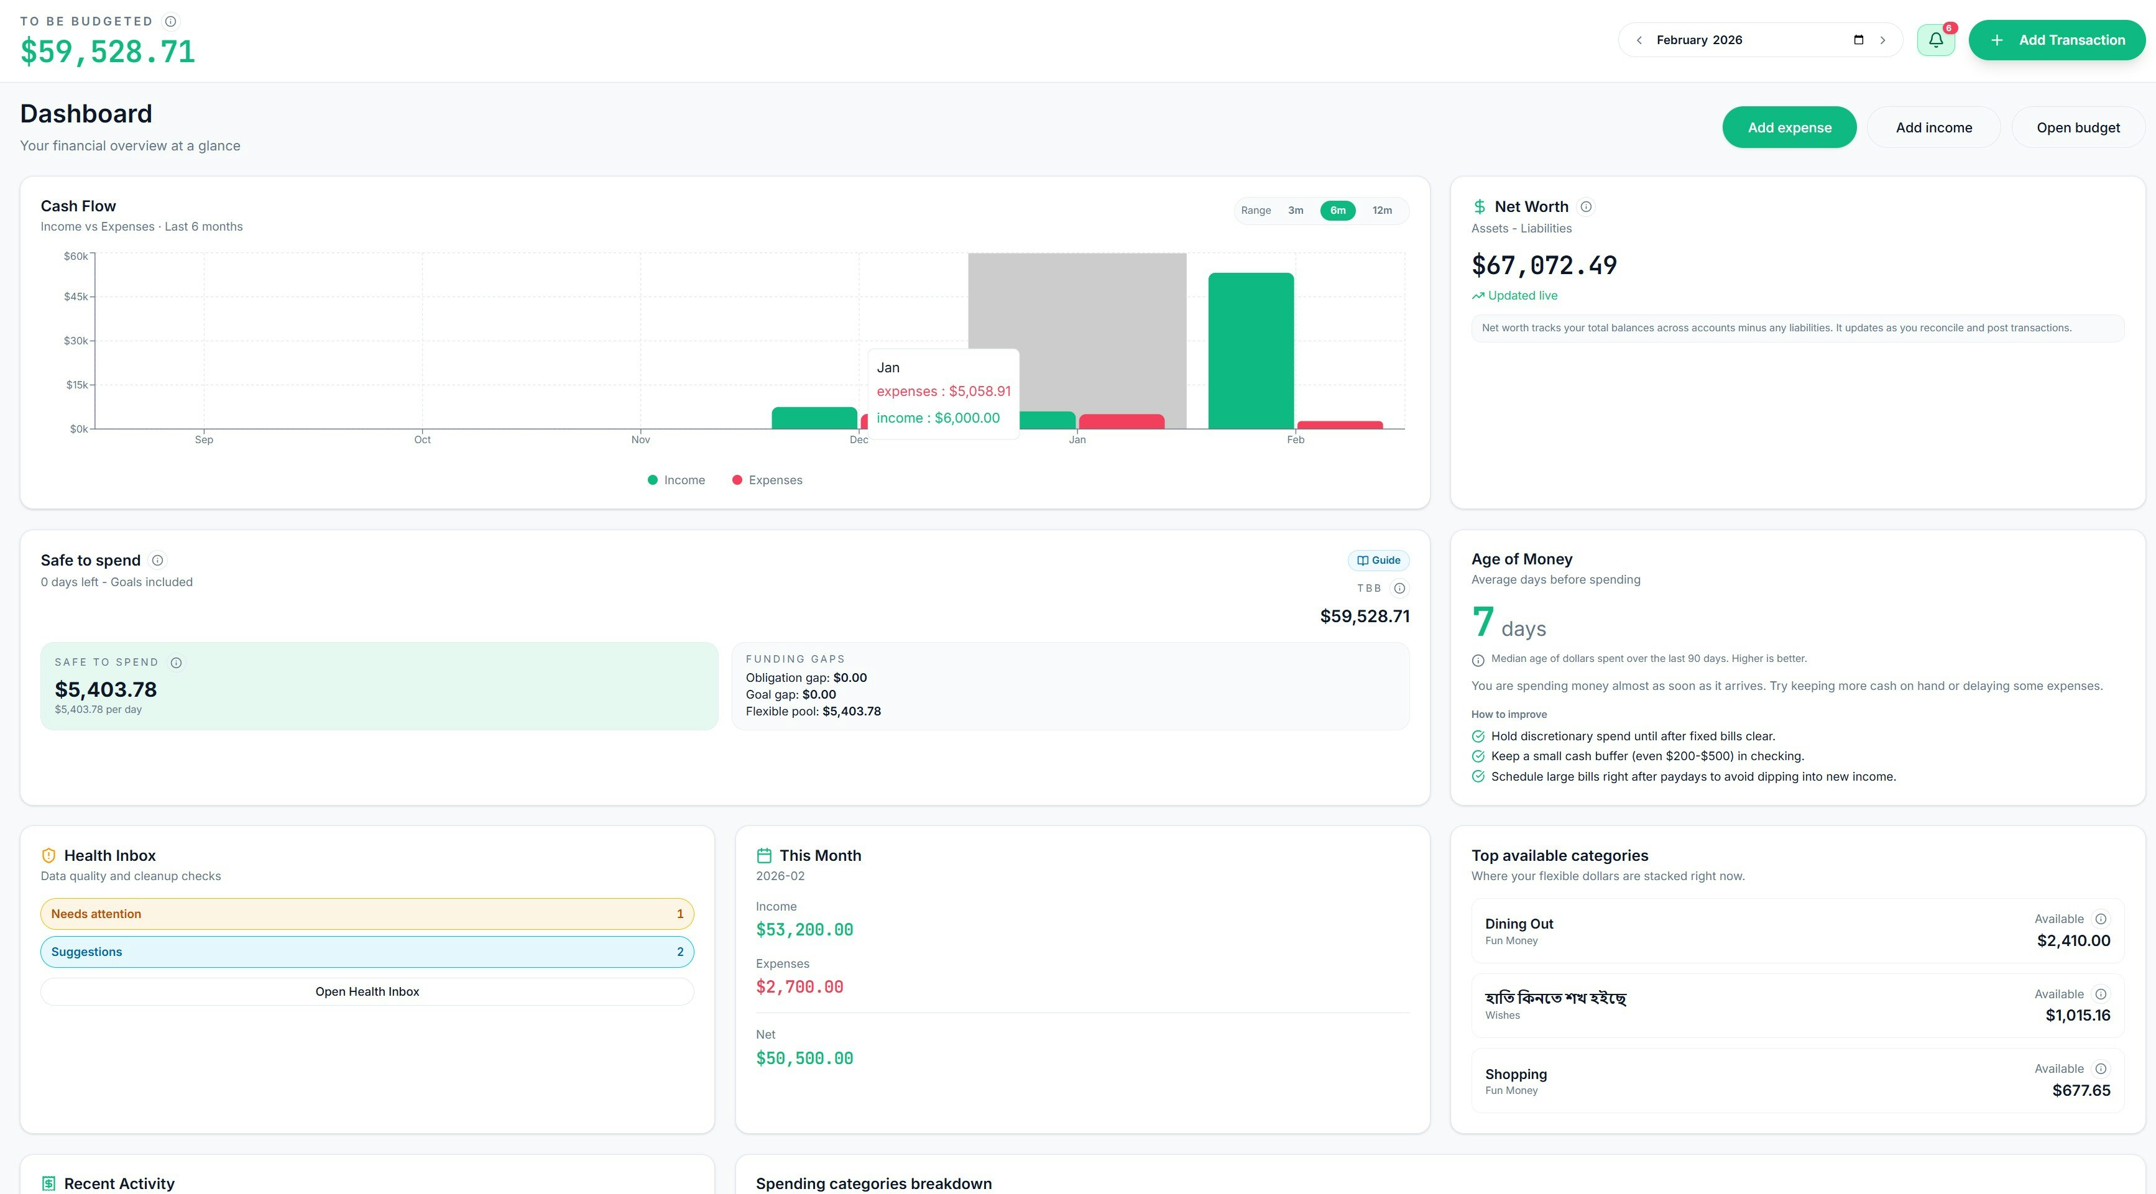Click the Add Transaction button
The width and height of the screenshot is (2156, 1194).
point(2057,40)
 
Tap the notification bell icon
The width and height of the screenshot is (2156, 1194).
point(1935,40)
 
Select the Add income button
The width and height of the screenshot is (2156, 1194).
point(1933,127)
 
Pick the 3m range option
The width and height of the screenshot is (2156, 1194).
point(1295,210)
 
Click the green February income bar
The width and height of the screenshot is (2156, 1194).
point(1250,351)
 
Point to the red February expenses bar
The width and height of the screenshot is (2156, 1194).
point(1339,425)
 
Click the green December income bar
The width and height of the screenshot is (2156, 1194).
point(814,418)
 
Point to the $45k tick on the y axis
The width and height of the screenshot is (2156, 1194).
point(76,296)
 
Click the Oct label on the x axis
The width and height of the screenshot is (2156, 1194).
point(422,439)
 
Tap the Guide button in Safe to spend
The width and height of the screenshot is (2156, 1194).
point(1378,560)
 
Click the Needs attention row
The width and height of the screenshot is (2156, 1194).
point(367,914)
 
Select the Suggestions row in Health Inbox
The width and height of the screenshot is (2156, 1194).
point(367,952)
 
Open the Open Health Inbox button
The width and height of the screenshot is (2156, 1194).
point(367,991)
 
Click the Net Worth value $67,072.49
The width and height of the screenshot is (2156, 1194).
point(1544,265)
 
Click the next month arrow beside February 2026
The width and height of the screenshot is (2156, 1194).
point(1882,40)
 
